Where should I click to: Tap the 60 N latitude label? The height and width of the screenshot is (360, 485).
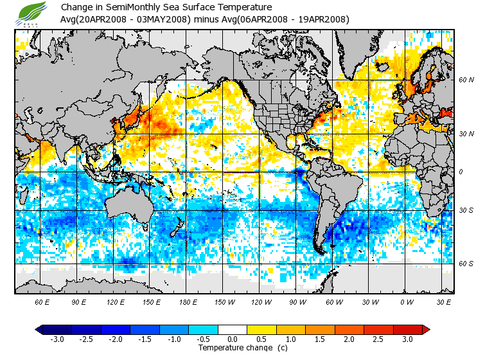click(x=466, y=80)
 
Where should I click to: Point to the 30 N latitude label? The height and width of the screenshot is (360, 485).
click(x=466, y=134)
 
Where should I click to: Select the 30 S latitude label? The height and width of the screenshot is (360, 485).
click(x=466, y=211)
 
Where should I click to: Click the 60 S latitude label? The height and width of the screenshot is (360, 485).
click(x=466, y=264)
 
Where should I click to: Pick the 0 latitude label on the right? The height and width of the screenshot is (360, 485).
click(x=461, y=172)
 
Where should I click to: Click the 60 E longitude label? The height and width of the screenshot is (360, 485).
click(x=42, y=301)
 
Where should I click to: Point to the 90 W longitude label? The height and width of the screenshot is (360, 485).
click(x=298, y=301)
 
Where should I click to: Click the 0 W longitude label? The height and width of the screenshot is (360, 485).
click(x=407, y=301)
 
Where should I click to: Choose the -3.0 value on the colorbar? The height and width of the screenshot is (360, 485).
click(x=57, y=339)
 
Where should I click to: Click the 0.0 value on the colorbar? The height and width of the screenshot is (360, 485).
click(x=232, y=339)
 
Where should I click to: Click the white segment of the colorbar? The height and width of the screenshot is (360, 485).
click(x=232, y=330)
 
